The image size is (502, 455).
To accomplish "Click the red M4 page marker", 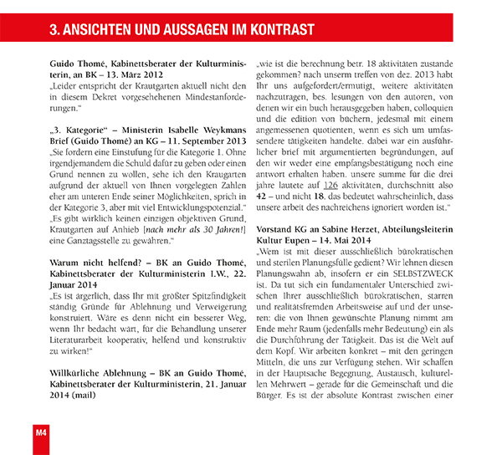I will tap(39, 432).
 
